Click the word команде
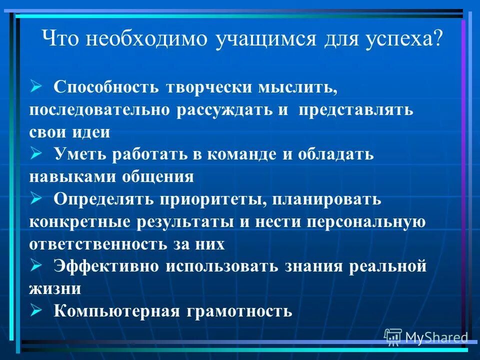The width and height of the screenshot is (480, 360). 241,155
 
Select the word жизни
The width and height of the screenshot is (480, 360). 55,289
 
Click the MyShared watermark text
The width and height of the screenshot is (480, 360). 436,338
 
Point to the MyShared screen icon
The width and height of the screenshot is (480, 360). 393,337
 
